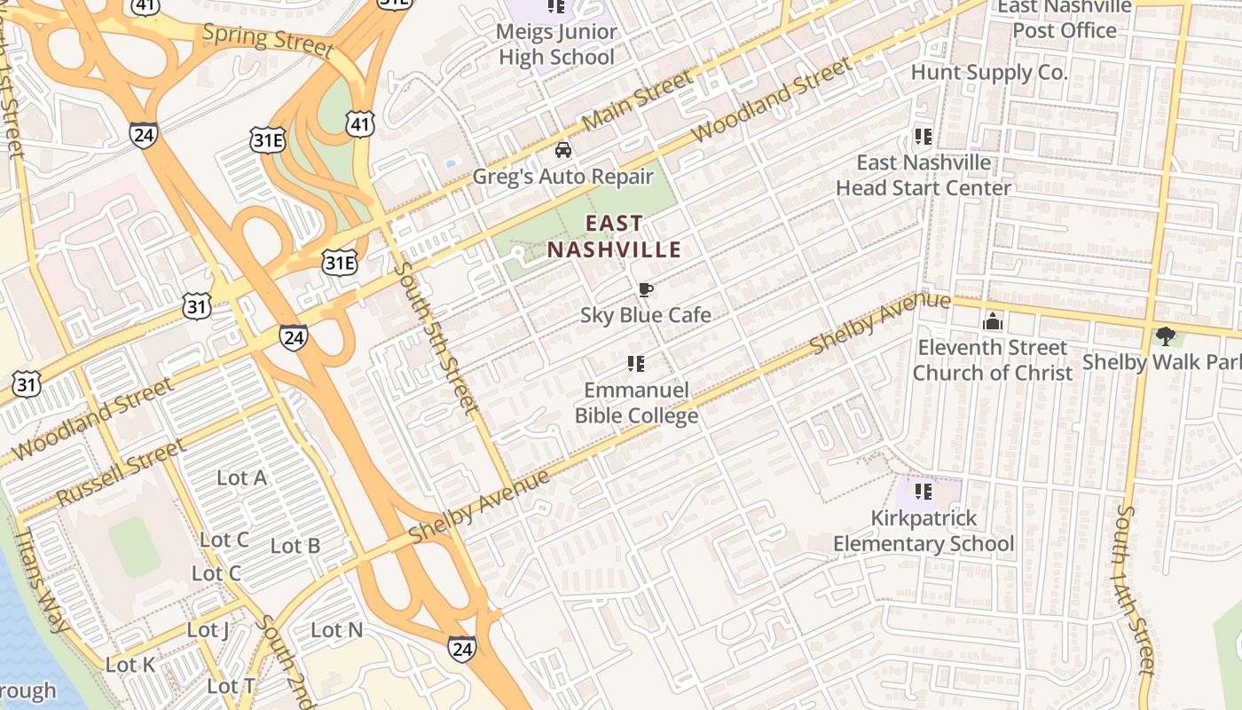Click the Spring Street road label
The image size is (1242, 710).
(x=267, y=39)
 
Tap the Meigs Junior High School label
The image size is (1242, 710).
(x=556, y=44)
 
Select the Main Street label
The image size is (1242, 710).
(x=639, y=100)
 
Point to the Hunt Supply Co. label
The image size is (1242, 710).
(x=989, y=73)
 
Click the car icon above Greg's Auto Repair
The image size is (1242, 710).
(x=562, y=149)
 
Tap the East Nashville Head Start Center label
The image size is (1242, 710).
(x=924, y=175)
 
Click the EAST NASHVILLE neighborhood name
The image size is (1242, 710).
(x=614, y=237)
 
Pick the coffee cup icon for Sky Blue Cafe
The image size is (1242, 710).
(x=646, y=289)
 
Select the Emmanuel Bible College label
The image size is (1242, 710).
(x=636, y=403)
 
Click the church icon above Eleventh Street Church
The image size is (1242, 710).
(x=993, y=320)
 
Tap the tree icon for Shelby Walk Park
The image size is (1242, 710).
(x=1165, y=335)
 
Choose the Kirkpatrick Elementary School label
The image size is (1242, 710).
(x=924, y=531)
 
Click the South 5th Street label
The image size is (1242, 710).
(x=437, y=337)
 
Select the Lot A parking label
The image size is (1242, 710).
(x=241, y=477)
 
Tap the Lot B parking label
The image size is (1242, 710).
(x=295, y=546)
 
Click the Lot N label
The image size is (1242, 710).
(x=336, y=630)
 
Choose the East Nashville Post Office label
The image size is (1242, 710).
(x=1065, y=19)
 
